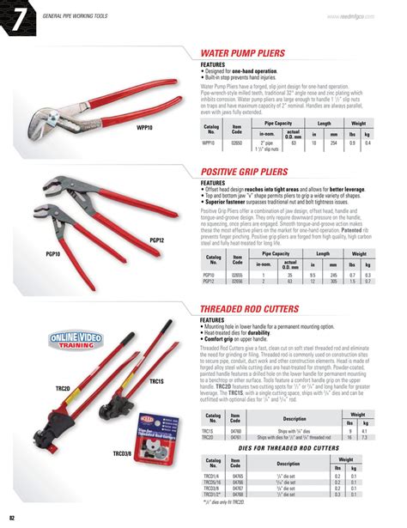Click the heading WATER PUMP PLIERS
[243, 52]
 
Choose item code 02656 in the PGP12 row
[238, 281]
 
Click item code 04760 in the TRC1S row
[238, 431]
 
